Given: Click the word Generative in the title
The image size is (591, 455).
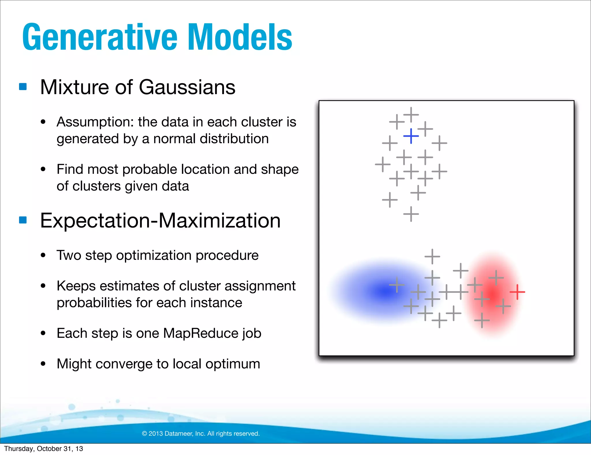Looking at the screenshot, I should coord(100,38).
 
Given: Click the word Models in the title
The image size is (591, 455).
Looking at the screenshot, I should coord(240,38).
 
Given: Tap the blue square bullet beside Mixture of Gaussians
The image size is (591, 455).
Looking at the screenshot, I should coord(23,87).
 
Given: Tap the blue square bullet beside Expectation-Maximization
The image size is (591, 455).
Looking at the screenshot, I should coord(23,220).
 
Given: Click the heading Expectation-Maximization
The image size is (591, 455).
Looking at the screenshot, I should coord(160,221).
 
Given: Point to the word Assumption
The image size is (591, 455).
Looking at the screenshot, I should coord(95,122).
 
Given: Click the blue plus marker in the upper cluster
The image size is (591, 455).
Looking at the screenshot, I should coord(411,136).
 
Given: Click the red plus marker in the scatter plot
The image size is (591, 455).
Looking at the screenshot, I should coord(517,292).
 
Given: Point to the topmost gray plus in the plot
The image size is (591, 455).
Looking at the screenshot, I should coord(411,115).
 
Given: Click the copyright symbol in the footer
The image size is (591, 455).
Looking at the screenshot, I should coord(144,434).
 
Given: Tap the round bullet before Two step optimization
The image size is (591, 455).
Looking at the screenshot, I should coord(43,255).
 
